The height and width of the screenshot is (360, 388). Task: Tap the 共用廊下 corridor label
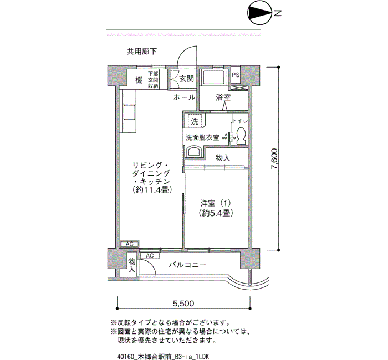click(142, 52)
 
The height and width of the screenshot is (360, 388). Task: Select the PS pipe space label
click(236, 74)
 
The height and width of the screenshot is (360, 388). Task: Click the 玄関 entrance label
click(187, 79)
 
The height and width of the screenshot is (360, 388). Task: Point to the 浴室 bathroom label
click(223, 97)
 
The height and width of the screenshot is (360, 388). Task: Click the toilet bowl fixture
click(240, 135)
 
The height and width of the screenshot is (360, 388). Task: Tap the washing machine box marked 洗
click(195, 121)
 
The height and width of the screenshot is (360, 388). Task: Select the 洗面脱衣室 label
click(202, 137)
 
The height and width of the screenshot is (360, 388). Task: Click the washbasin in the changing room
click(194, 151)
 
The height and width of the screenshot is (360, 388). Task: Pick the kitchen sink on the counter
click(129, 112)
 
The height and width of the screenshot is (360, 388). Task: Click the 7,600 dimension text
click(275, 159)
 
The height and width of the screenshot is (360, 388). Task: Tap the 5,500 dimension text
click(183, 303)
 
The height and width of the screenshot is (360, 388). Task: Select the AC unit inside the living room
click(130, 244)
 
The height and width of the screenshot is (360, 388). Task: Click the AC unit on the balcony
click(150, 255)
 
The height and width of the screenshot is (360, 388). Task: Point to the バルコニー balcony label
click(187, 265)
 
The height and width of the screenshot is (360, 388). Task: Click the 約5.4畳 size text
click(216, 213)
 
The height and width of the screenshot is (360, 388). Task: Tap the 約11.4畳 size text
click(152, 189)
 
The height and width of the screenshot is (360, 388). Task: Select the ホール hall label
click(185, 97)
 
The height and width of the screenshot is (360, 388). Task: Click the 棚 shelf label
click(139, 80)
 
